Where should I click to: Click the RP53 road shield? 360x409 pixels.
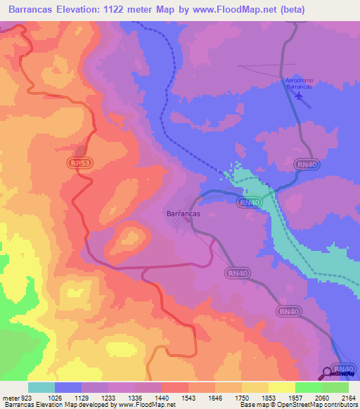point(79,162)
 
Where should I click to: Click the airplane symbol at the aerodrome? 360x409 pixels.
point(301,97)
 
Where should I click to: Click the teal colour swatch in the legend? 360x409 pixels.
point(41,387)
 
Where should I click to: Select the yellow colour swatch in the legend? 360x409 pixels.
point(282,387)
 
